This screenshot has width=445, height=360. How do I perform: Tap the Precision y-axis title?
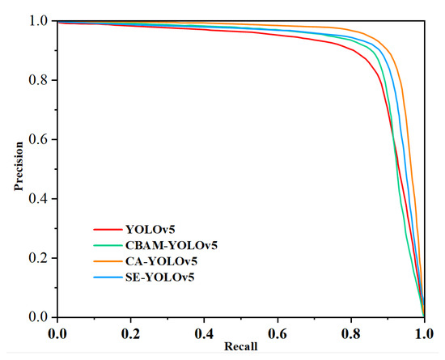[18, 168]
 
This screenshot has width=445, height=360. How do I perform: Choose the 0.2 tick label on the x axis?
[130, 332]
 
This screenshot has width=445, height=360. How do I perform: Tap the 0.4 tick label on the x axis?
[204, 332]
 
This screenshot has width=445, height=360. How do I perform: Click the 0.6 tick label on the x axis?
[278, 332]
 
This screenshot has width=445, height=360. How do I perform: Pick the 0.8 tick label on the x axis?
[351, 332]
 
